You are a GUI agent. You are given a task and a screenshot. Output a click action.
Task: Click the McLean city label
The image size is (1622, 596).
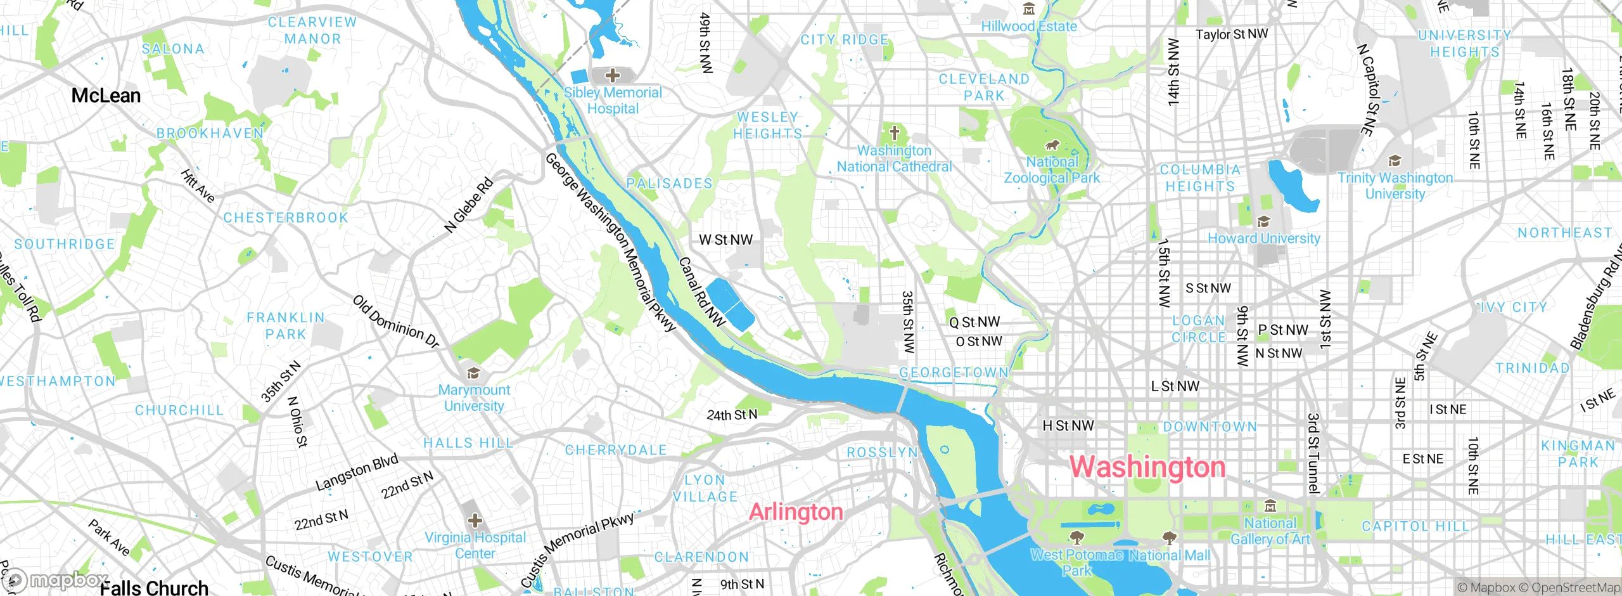tap(106, 96)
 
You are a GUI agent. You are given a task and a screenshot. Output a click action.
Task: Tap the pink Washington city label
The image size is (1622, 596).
tap(1147, 467)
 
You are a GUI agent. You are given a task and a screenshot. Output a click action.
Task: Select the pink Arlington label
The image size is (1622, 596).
tap(796, 512)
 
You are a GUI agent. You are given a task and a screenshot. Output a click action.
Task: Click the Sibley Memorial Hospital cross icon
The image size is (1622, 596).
tap(612, 76)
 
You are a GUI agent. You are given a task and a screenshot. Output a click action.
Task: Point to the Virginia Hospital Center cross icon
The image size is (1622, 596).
tap(475, 521)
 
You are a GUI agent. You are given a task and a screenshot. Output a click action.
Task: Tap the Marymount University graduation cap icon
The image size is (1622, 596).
tap(473, 373)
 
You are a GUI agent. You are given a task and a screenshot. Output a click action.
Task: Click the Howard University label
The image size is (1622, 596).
tap(1263, 238)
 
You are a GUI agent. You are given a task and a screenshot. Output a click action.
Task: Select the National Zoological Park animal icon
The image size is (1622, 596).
tap(1052, 145)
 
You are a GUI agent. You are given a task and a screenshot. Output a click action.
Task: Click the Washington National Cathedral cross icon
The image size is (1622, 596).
tap(894, 134)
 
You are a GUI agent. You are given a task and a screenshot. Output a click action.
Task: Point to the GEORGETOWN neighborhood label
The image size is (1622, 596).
tap(954, 373)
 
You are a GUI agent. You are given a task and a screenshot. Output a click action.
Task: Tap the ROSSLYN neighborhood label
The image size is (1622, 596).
tap(882, 453)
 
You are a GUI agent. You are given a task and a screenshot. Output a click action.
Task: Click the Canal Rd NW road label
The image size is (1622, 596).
tap(701, 292)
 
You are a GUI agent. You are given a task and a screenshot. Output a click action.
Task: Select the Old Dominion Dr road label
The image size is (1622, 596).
tap(396, 321)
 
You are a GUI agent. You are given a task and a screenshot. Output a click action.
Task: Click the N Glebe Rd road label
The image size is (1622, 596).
tap(468, 205)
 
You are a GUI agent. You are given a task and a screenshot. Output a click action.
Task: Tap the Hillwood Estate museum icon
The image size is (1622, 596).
tap(1029, 10)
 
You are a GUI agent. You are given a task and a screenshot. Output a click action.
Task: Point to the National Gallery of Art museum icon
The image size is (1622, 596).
tap(1270, 506)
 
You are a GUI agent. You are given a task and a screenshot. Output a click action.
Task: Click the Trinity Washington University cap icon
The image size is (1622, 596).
tap(1394, 161)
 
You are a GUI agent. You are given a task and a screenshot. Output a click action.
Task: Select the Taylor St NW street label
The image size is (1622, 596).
tap(1231, 34)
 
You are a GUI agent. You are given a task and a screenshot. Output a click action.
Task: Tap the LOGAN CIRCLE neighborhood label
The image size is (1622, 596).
tap(1198, 329)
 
